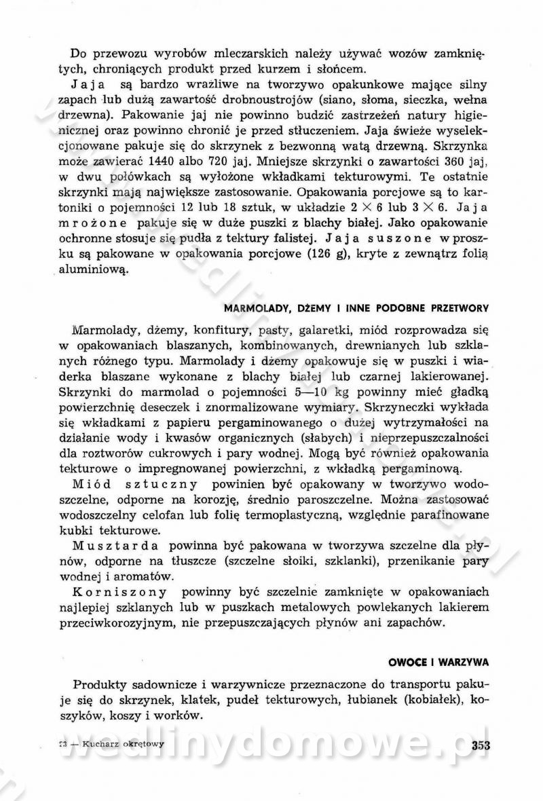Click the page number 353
point(480,744)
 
